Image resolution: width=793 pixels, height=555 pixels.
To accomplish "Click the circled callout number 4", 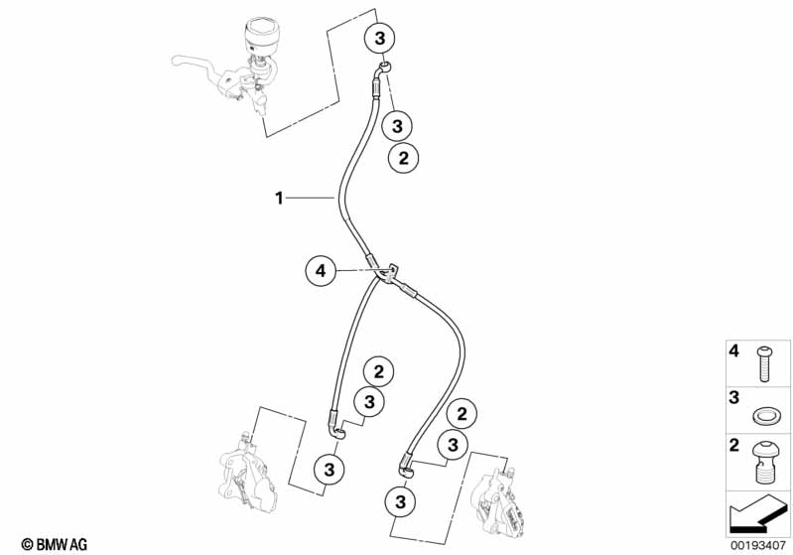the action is pyautogui.click(x=321, y=271).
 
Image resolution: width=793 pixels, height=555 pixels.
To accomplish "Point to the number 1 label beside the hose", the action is pyautogui.click(x=279, y=198).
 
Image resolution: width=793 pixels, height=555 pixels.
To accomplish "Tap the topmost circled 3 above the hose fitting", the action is pyautogui.click(x=379, y=38).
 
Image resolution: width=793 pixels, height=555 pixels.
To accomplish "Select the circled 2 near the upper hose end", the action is pyautogui.click(x=403, y=158).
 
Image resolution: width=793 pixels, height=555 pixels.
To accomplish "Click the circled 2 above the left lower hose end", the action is pyautogui.click(x=378, y=372).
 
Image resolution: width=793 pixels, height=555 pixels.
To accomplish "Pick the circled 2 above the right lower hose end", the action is pyautogui.click(x=462, y=414).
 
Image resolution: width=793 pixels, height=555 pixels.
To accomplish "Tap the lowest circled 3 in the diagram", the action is pyautogui.click(x=401, y=501).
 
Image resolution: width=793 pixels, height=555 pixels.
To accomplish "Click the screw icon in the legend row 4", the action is pyautogui.click(x=763, y=363).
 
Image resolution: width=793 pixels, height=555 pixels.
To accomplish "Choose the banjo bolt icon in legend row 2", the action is pyautogui.click(x=764, y=462).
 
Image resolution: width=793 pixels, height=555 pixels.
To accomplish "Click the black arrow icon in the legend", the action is pyautogui.click(x=757, y=513).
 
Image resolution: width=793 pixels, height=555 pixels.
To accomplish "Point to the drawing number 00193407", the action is pyautogui.click(x=757, y=545).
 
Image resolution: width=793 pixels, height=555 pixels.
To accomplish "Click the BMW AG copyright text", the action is pyautogui.click(x=55, y=544).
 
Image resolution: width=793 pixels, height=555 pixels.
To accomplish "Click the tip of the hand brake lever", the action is pyautogui.click(x=175, y=61).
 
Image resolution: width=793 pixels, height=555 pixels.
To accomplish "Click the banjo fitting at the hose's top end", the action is pyautogui.click(x=384, y=68).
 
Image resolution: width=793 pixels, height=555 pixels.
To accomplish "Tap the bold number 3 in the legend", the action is pyautogui.click(x=733, y=398).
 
